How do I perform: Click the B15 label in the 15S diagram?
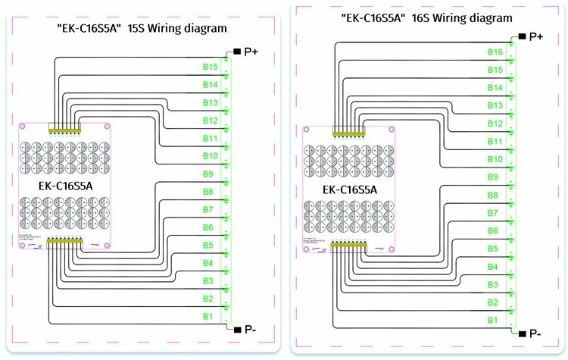coord(210,67)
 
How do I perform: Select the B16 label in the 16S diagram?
coord(495,52)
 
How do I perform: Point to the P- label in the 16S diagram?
coord(535,333)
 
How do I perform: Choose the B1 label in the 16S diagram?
coord(492,321)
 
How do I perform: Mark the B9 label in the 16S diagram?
coord(493,177)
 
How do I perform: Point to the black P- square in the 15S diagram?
coord(237,329)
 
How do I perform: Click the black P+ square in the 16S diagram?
coord(520,36)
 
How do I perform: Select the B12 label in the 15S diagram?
coord(210,121)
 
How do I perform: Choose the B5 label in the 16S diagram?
coord(493,249)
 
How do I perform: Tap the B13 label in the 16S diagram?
coord(495,105)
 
